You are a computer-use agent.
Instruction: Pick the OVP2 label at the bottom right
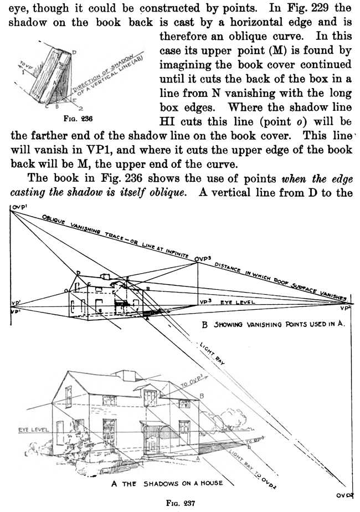click(347, 494)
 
